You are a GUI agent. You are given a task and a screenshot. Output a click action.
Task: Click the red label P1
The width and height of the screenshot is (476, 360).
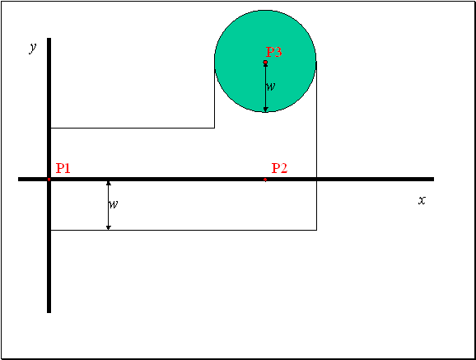[63, 168]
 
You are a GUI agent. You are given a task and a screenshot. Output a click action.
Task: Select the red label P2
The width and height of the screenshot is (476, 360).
[279, 168]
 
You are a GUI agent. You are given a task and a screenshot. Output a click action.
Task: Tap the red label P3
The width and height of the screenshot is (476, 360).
[273, 52]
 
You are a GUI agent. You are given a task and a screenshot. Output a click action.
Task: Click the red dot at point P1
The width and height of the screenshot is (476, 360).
[49, 180]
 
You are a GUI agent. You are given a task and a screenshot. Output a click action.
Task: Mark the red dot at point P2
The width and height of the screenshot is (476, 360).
[265, 180]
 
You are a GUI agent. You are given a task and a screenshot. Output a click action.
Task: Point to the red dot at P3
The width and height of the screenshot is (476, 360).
[265, 63]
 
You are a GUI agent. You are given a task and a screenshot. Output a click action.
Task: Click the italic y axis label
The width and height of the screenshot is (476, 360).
[32, 48]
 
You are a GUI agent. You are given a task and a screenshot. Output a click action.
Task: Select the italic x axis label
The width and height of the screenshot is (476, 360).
[422, 200]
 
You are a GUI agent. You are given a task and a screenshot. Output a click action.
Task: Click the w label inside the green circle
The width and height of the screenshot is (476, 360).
[270, 86]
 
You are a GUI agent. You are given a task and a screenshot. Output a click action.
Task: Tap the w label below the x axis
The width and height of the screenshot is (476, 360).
[113, 204]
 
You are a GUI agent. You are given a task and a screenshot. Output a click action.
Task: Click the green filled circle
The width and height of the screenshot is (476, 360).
[265, 61]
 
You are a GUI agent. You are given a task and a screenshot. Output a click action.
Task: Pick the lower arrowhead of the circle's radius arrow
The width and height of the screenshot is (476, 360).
[266, 110]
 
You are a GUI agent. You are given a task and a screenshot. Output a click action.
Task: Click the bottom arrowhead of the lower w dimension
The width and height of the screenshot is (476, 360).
[109, 227]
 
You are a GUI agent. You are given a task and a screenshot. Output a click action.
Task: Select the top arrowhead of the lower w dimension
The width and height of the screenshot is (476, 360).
[109, 183]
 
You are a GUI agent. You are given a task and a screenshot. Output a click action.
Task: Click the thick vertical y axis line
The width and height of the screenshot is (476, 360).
[49, 175]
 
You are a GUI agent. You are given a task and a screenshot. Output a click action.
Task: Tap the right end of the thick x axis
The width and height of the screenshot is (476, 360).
[433, 180]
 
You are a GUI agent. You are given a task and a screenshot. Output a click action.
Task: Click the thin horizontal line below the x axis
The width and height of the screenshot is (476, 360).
[184, 230]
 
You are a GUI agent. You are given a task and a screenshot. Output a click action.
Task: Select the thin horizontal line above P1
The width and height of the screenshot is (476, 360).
[133, 128]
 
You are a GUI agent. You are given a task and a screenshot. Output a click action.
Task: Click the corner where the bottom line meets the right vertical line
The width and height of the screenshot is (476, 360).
[316, 230]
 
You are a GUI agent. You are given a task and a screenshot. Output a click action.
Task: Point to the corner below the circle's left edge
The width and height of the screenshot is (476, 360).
[215, 128]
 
